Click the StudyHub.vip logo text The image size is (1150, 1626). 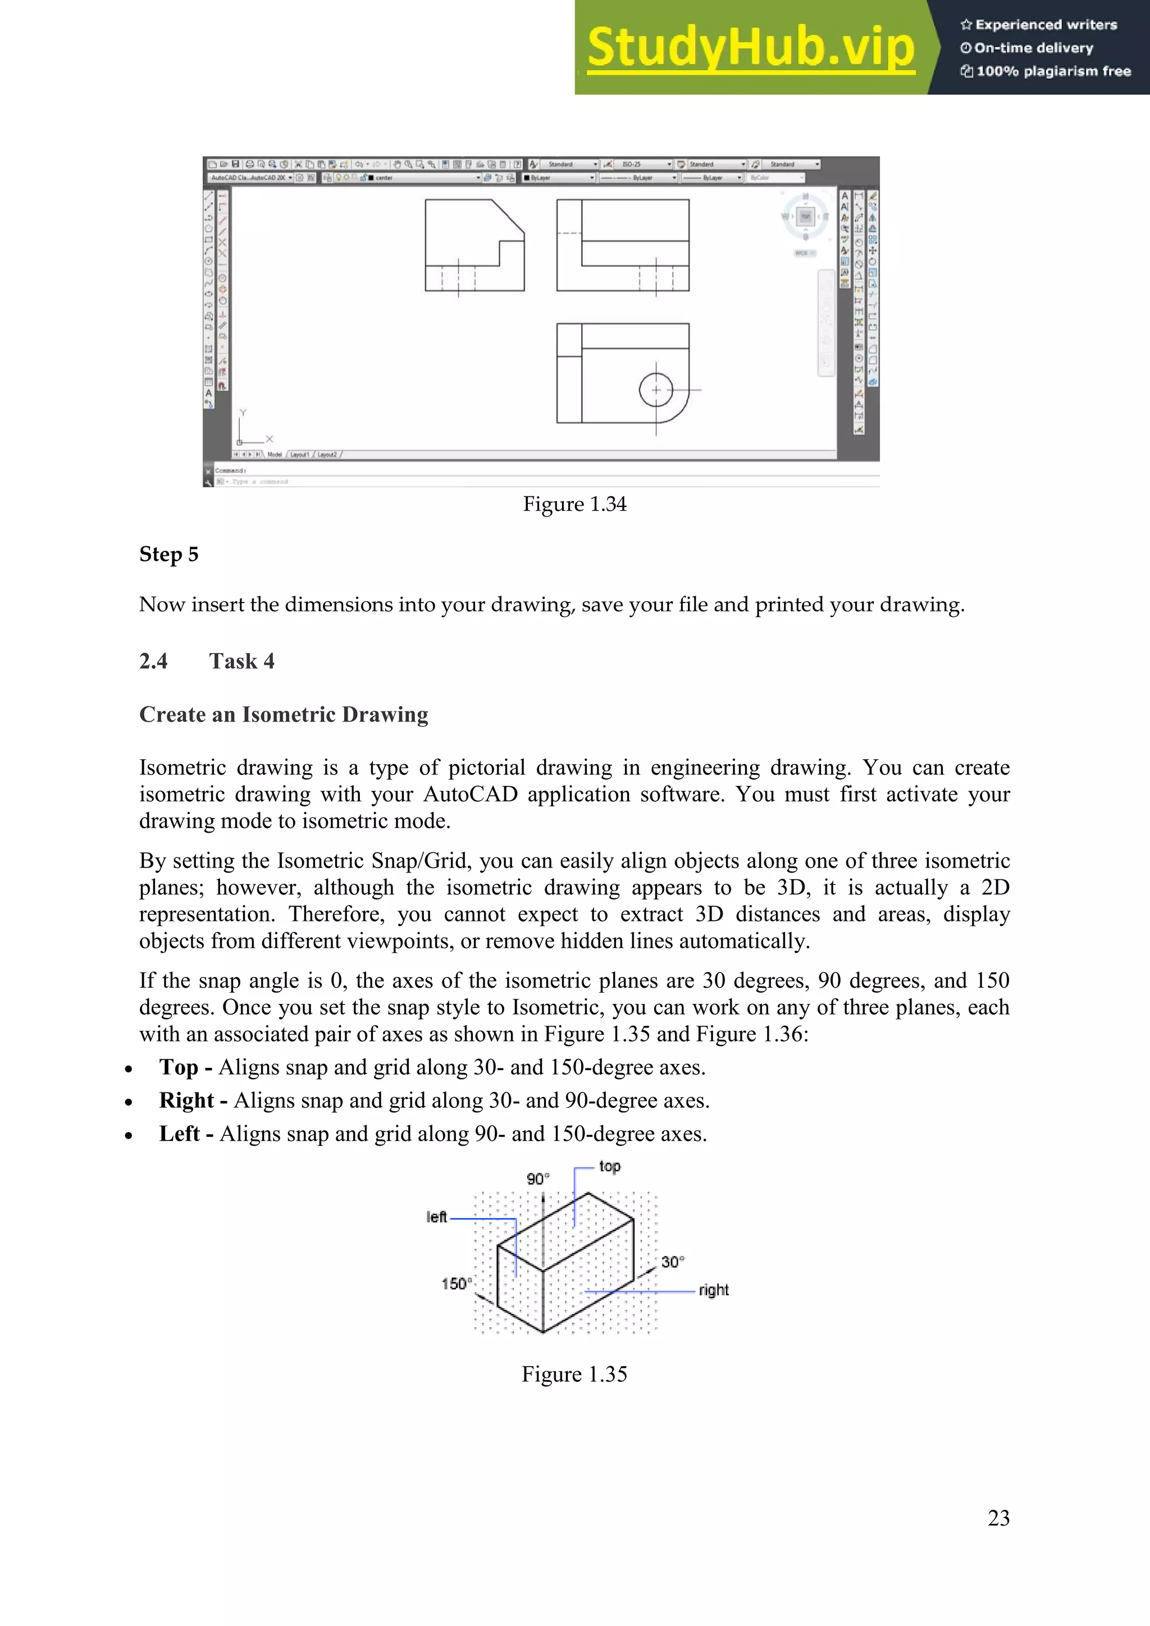(x=751, y=48)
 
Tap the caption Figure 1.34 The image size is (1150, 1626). (x=574, y=504)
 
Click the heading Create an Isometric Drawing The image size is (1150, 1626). (x=283, y=715)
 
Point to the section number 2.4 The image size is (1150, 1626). (x=153, y=661)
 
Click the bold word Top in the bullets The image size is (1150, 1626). (x=179, y=1067)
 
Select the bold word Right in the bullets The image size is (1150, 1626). (x=186, y=1100)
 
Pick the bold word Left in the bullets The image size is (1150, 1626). (x=179, y=1134)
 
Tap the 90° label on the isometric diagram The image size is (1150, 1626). (x=537, y=1179)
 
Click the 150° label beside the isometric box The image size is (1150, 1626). (x=456, y=1284)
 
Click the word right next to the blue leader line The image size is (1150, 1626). (x=713, y=1290)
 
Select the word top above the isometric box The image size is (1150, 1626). (x=609, y=1166)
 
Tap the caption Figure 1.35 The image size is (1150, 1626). (x=574, y=1374)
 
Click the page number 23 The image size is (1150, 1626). (x=998, y=1518)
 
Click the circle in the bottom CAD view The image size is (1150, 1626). (x=656, y=390)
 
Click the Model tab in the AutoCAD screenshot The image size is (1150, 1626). (x=275, y=455)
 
